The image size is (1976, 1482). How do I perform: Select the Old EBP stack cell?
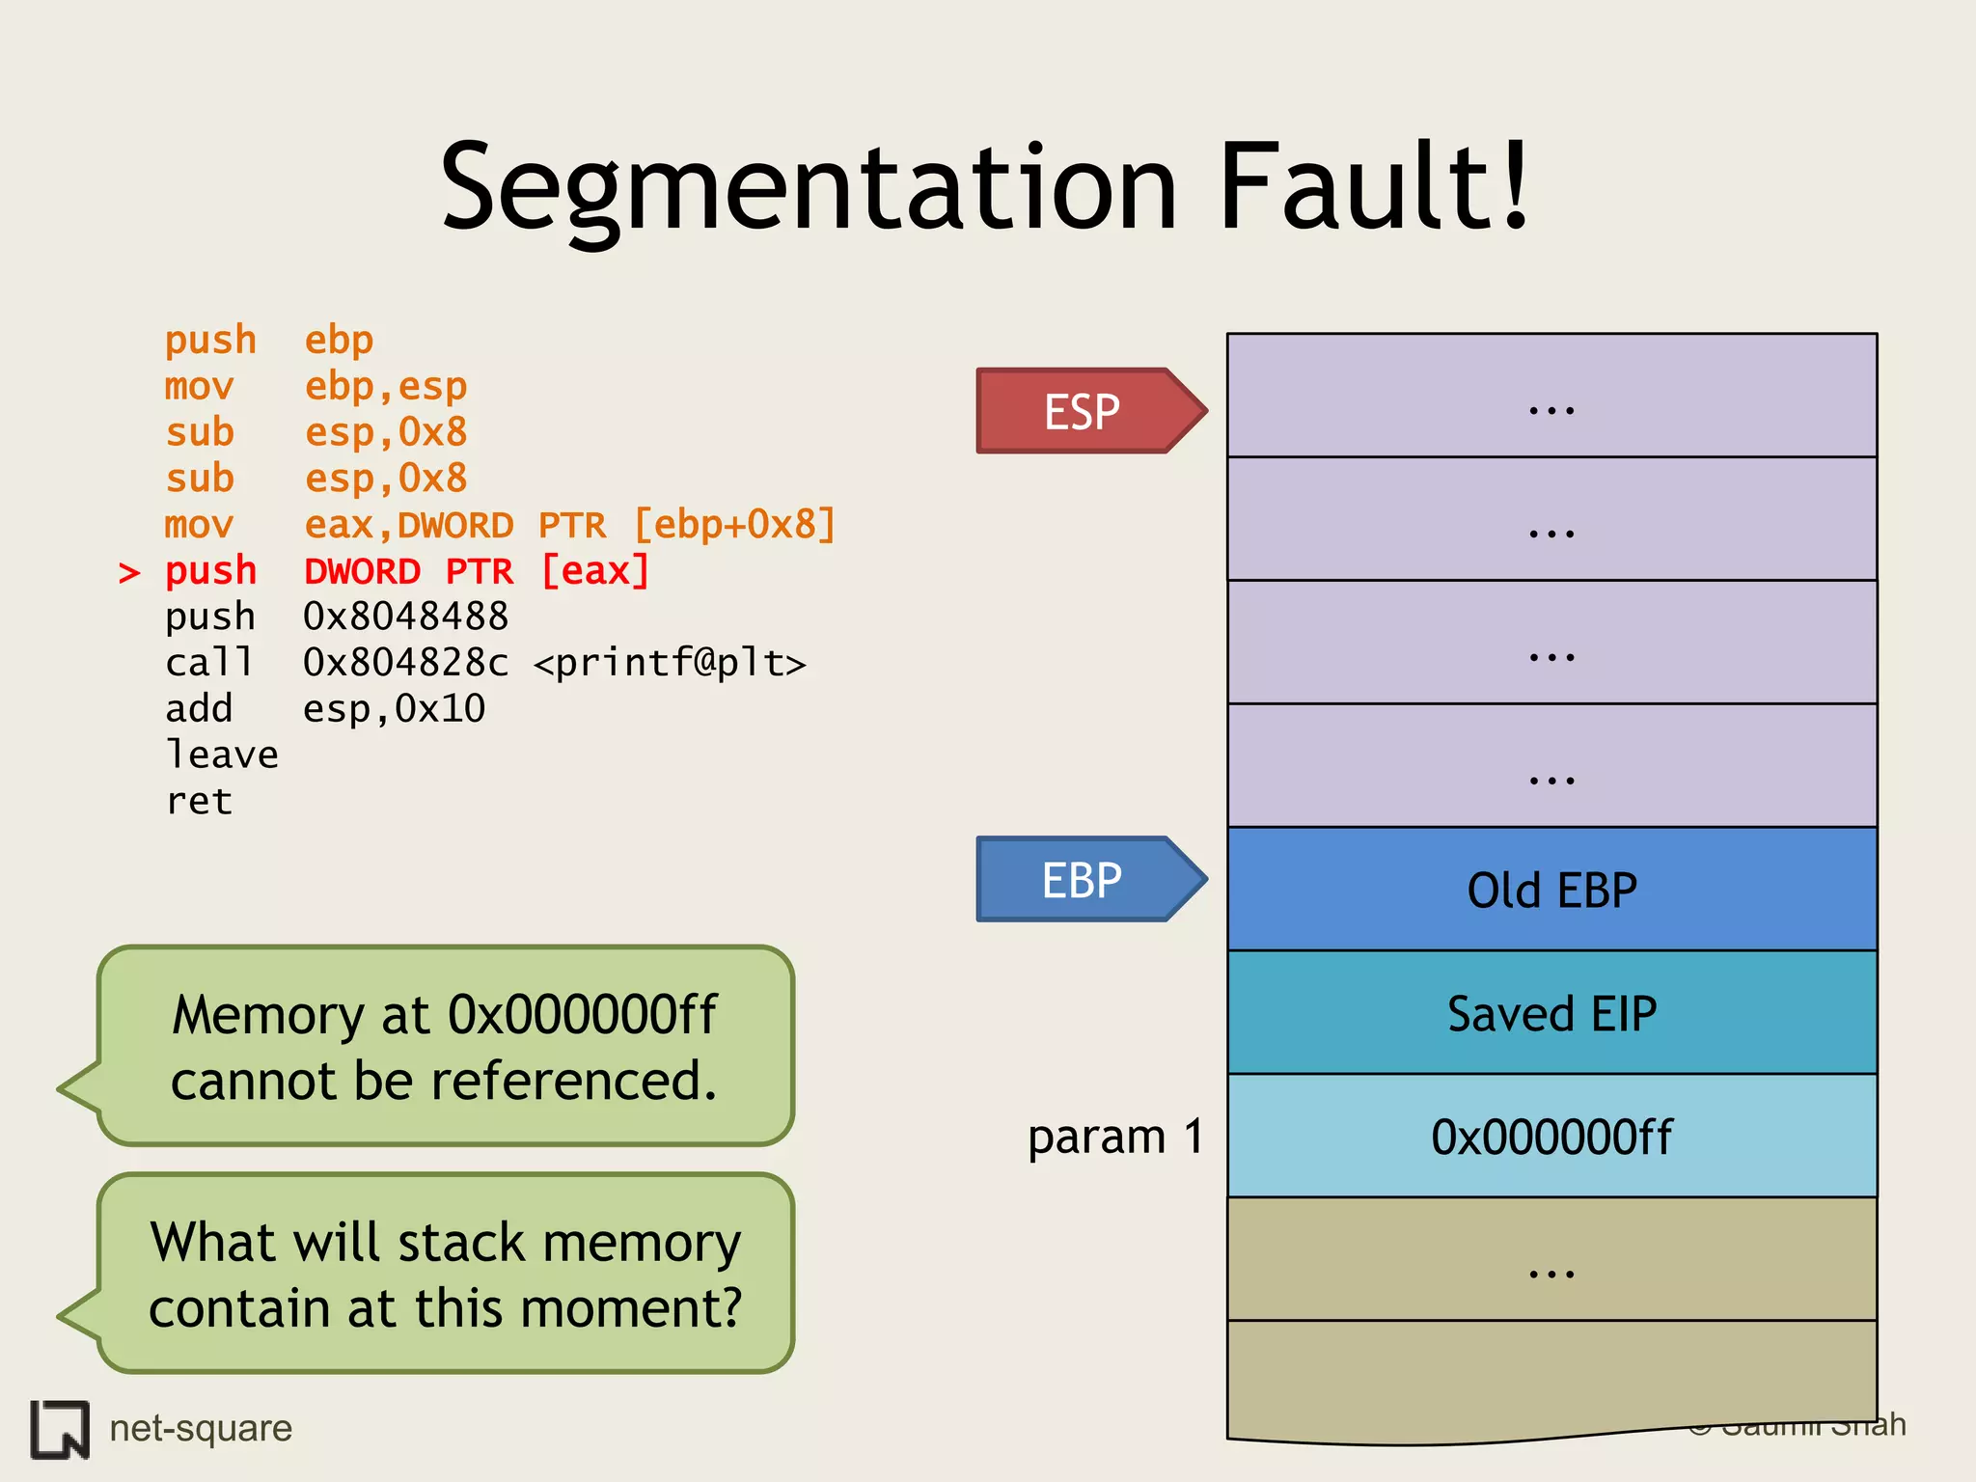(x=1551, y=890)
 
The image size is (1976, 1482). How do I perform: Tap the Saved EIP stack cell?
(x=1551, y=1013)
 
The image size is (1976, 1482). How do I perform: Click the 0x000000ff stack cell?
(x=1551, y=1137)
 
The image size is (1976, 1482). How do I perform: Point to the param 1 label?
(x=1115, y=1137)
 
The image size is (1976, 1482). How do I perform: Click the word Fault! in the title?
(x=1374, y=188)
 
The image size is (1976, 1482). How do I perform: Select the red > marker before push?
(x=129, y=573)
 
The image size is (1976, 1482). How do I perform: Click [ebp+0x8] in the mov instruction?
(x=734, y=525)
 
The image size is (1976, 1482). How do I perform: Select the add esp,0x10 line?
(x=325, y=709)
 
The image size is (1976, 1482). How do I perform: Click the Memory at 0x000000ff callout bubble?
(x=445, y=1047)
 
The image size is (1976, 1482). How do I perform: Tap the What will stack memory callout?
(x=445, y=1274)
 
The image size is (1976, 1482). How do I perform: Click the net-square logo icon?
(x=60, y=1429)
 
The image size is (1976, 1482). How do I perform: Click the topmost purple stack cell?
(x=1551, y=396)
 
